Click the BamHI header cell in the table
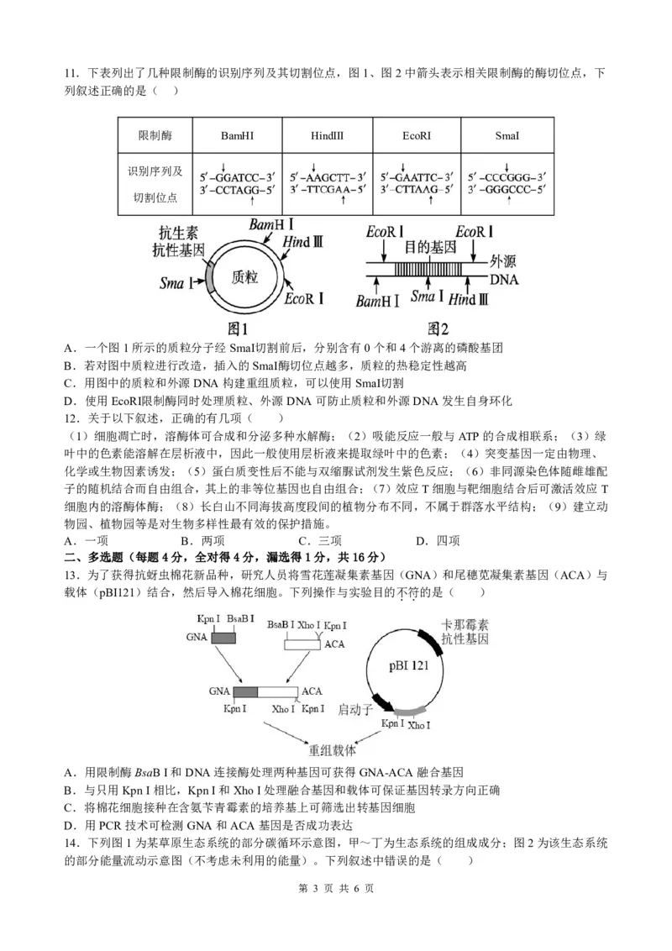(238, 135)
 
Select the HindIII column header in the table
(327, 135)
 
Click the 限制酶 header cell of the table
(155, 135)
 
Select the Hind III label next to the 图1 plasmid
(302, 242)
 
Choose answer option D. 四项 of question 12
(438, 541)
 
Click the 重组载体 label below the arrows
(332, 750)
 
